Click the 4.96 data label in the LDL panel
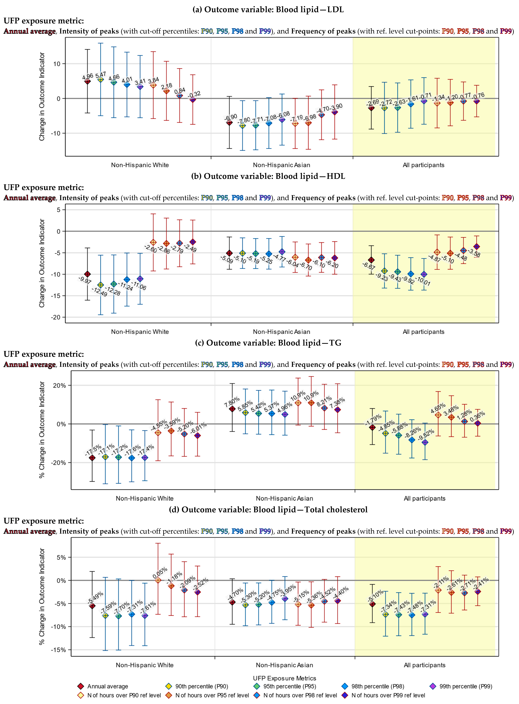tap(88, 76)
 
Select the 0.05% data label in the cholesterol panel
tap(160, 573)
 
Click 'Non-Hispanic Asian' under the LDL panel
tap(282, 165)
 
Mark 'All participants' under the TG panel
tap(424, 498)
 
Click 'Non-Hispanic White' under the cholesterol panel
tap(144, 665)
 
